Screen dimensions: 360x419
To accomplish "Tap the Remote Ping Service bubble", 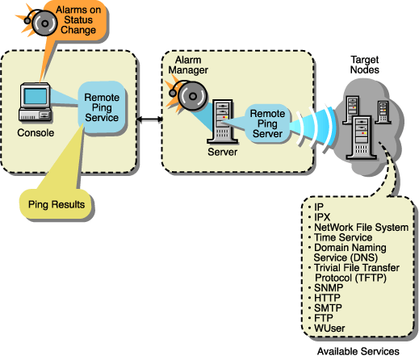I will point(102,107).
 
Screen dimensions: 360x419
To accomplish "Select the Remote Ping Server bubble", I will point(266,123).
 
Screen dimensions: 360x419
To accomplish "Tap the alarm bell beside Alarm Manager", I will point(182,94).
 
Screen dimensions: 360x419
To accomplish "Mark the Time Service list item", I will point(342,237).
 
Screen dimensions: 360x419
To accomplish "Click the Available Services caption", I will point(358,352).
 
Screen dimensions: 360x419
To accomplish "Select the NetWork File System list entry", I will point(360,228).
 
